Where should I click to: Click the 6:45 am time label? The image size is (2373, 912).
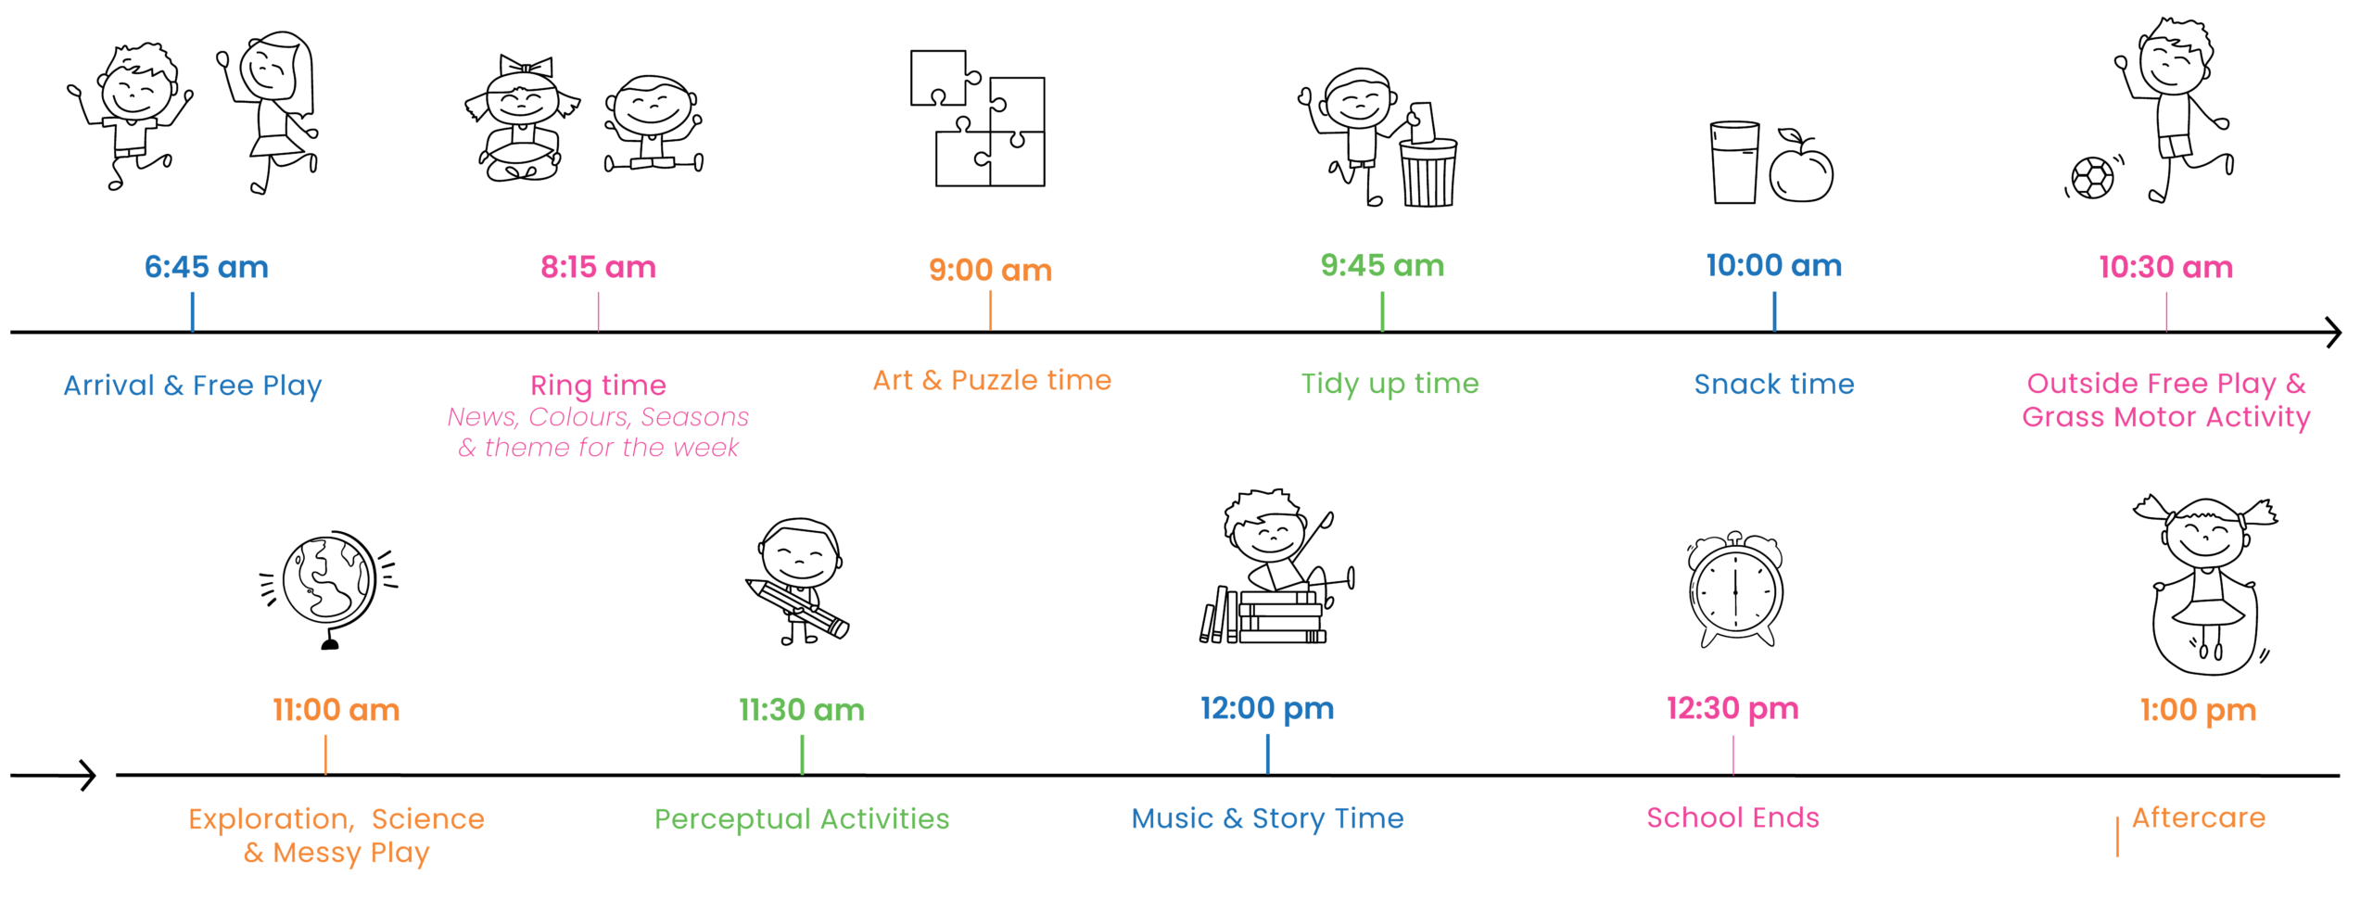tap(206, 267)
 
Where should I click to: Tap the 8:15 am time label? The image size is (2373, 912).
tap(598, 267)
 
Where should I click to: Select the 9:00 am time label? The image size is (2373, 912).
tap(990, 270)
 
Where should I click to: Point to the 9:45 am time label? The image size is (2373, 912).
tap(1382, 265)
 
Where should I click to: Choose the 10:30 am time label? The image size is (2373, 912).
tap(2165, 267)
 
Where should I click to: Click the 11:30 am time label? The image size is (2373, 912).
tap(802, 710)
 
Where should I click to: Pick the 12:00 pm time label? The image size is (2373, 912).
tap(1267, 708)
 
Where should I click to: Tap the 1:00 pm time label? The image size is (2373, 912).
tap(2198, 710)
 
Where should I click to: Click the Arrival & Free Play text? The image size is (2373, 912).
tap(193, 386)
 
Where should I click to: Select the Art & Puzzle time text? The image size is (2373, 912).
tap(991, 380)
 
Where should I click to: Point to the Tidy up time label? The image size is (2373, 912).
tap(1390, 384)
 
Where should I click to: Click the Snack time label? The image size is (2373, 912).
tap(1774, 385)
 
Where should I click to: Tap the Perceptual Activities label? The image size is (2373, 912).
tap(802, 819)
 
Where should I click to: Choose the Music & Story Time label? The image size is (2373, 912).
tap(1267, 818)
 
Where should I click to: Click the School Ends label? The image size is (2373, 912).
tap(1732, 817)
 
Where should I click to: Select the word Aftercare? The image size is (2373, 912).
tap(2198, 817)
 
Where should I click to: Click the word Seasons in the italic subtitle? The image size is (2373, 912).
tap(694, 417)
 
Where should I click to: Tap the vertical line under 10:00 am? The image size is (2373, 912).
tap(1774, 311)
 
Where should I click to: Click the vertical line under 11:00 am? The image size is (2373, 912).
tap(325, 754)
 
